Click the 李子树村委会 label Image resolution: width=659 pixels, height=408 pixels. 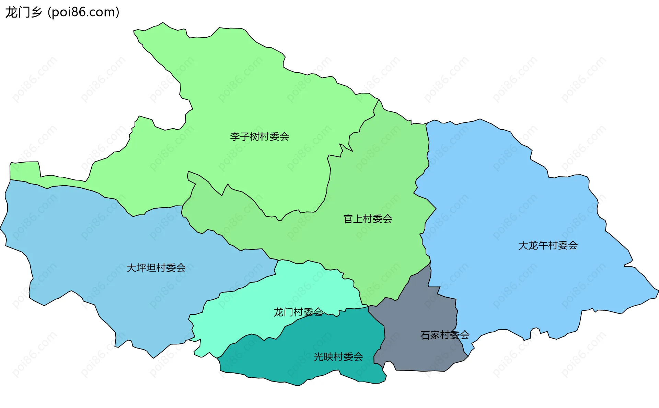point(259,137)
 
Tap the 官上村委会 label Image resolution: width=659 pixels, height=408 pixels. point(368,219)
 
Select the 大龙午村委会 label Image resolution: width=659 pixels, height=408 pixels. point(548,245)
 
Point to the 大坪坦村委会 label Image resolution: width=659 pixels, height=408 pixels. point(156,268)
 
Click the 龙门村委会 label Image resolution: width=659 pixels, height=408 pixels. point(298,312)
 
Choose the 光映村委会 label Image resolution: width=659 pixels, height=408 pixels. point(338,357)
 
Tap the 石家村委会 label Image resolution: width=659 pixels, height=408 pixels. point(444,335)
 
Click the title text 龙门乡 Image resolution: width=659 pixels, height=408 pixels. point(23,12)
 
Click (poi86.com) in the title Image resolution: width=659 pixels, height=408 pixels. point(84,12)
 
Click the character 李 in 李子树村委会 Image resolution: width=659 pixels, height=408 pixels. point(235,137)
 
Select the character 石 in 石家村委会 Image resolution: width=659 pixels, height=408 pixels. point(425,335)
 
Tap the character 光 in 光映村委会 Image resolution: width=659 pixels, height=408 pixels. point(319,357)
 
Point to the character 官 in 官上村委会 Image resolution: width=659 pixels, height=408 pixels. point(348,219)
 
